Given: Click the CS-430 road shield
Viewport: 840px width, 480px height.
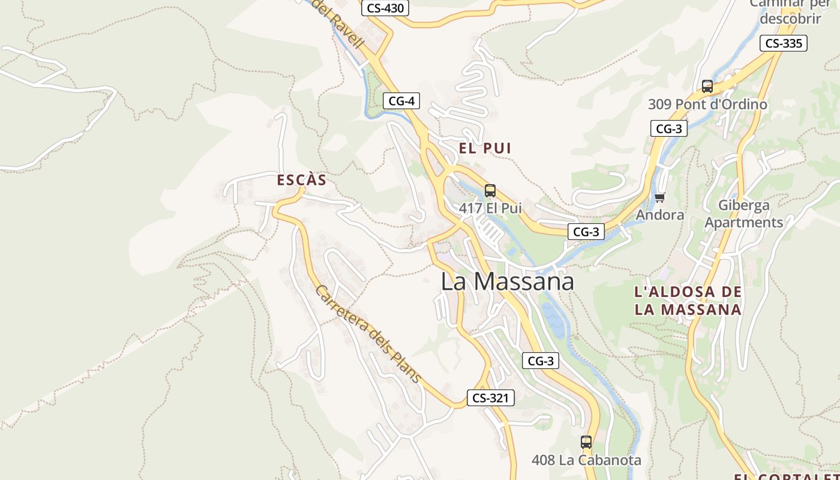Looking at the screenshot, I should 385,8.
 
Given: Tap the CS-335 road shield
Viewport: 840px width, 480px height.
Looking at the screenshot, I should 784,43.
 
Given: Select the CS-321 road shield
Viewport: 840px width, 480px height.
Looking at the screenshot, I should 491,398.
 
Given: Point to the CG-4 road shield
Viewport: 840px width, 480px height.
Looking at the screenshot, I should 401,101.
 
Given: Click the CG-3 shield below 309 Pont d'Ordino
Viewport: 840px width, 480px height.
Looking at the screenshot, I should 669,128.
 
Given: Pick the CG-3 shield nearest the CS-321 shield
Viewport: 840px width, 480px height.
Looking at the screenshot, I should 541,361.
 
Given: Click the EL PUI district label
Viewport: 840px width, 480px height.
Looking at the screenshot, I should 485,148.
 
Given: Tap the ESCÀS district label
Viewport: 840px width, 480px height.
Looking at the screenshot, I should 302,180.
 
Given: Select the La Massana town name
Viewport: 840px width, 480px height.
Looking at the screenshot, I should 508,281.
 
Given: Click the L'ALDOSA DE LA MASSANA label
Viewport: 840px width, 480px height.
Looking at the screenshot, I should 688,301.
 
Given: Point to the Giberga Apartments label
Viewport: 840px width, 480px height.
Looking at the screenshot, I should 744,214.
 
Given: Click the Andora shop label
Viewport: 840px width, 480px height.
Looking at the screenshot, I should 660,215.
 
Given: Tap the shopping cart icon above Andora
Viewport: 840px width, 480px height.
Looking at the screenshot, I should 660,197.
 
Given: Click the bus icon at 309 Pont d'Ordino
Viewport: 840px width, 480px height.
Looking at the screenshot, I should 707,86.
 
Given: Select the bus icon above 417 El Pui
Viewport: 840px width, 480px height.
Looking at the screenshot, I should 490,191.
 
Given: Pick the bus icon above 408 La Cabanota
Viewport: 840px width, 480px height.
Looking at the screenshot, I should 586,442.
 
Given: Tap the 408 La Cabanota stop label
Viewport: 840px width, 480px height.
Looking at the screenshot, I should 586,460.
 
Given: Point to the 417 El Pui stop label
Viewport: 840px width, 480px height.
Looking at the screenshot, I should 490,208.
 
